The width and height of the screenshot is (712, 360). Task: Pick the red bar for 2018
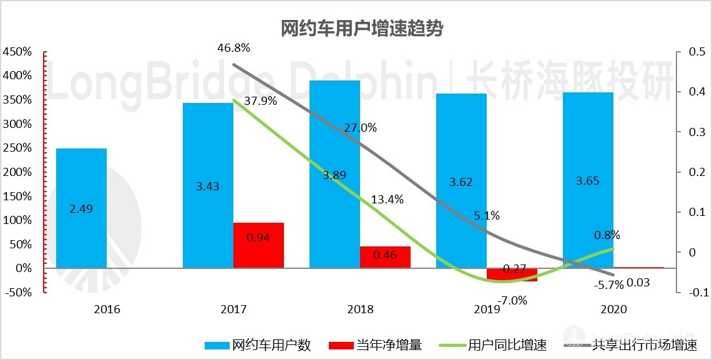[x=385, y=257]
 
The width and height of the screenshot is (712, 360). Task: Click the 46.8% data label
[x=233, y=48]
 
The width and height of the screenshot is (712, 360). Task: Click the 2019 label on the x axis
[x=487, y=309]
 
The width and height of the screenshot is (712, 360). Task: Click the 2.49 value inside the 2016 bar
[x=81, y=209]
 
